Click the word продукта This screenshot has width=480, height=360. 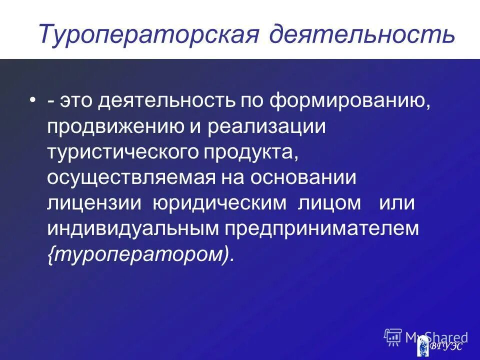click(250, 152)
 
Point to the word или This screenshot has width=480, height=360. click(397, 203)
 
